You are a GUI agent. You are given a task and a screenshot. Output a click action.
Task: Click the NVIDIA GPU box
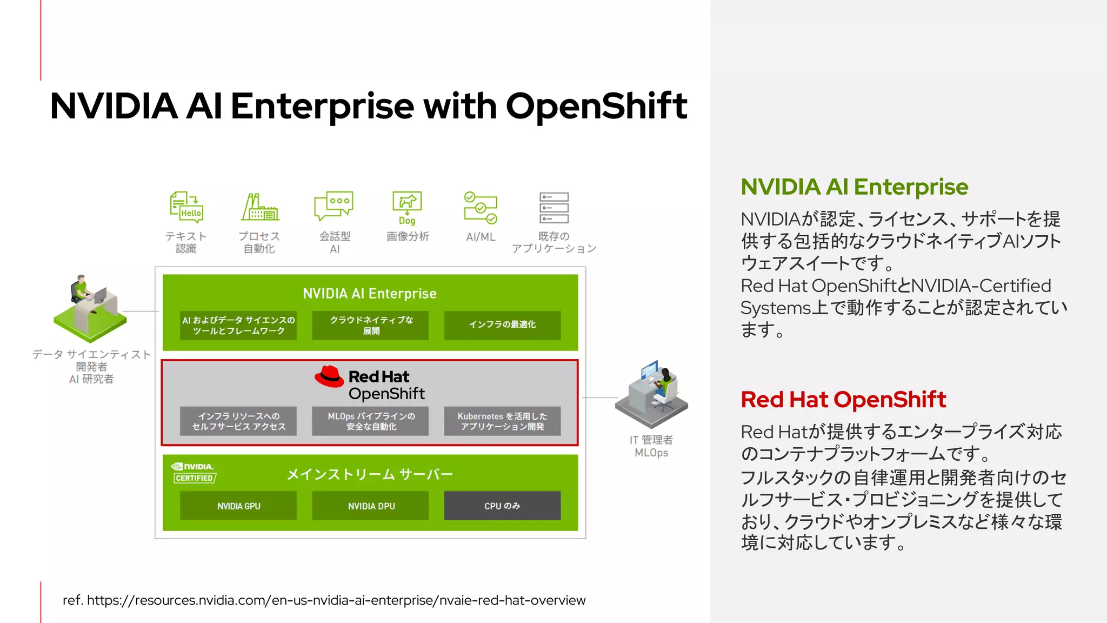(x=238, y=506)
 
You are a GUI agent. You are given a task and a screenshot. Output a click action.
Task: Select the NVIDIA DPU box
(x=371, y=506)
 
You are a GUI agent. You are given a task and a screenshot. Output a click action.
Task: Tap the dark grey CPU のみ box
(x=502, y=506)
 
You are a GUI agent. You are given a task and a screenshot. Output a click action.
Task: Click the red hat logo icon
(x=329, y=376)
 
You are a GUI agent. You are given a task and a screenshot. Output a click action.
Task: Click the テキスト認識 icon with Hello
(x=186, y=207)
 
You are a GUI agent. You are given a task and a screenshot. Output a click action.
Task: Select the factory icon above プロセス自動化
(x=259, y=207)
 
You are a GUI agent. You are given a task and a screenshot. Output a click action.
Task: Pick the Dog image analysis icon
(x=407, y=208)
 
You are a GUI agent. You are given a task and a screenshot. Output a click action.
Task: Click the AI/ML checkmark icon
(x=481, y=208)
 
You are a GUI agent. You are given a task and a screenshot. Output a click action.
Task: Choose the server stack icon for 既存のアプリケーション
(x=554, y=208)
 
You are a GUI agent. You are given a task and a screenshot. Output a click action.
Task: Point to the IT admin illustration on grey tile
(x=652, y=394)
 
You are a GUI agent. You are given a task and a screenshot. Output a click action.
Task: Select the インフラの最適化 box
(x=502, y=324)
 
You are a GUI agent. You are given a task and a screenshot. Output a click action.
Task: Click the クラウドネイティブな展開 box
(x=371, y=325)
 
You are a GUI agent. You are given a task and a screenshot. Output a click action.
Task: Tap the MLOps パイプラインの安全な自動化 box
(x=371, y=421)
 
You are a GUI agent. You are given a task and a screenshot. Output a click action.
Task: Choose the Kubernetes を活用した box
(x=502, y=421)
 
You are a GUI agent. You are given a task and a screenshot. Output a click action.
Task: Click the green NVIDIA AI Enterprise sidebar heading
(x=854, y=187)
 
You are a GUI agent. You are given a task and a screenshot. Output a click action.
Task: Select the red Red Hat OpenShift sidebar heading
(x=843, y=400)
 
